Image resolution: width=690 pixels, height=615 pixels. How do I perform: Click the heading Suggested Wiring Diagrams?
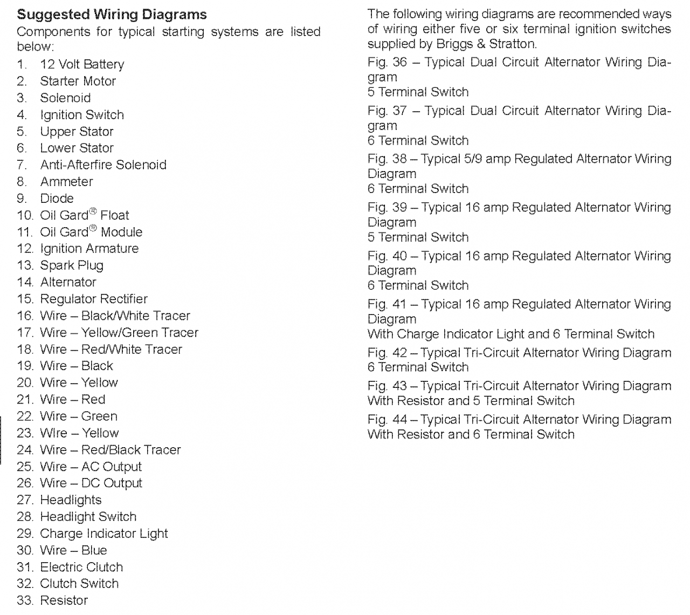112,15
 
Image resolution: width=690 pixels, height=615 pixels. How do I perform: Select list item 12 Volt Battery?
82,65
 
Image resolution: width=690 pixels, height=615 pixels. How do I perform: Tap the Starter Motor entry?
78,81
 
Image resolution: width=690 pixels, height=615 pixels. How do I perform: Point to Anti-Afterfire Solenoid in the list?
103,165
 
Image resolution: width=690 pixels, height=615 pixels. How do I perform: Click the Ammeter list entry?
66,182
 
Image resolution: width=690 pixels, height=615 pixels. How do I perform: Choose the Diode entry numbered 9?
57,199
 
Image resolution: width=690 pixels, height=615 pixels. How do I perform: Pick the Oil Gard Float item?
85,215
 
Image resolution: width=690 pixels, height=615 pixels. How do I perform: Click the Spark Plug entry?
72,265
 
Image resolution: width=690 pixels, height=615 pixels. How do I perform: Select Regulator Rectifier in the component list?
94,299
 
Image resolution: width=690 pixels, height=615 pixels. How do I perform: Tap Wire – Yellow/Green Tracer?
119,332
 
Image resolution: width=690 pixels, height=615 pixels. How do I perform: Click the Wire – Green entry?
79,416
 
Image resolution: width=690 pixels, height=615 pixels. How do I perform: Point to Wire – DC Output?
91,483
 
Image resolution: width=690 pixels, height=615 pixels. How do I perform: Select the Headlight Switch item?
88,517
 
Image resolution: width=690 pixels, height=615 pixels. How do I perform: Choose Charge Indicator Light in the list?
104,534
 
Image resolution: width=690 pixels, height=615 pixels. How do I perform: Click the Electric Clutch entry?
81,567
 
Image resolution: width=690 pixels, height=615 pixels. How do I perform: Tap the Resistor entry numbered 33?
64,600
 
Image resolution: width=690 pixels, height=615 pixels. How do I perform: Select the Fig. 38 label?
387,159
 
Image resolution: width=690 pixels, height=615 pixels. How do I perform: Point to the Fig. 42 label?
387,353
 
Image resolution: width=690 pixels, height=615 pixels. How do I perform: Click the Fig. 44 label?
387,420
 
